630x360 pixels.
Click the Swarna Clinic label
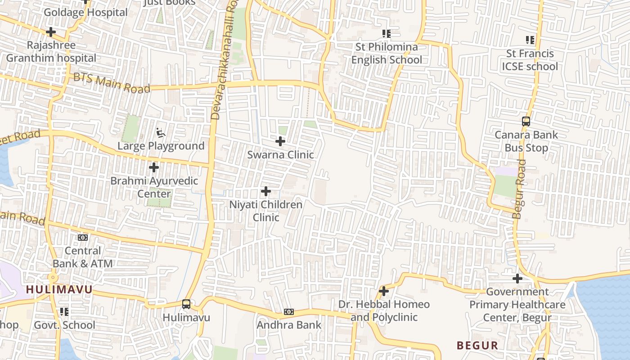click(x=280, y=155)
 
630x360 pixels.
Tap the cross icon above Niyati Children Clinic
click(x=266, y=192)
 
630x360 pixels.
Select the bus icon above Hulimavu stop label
click(x=186, y=304)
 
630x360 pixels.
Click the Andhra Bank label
click(x=289, y=325)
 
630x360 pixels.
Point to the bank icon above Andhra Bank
click(x=289, y=312)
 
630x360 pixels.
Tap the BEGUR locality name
click(x=477, y=346)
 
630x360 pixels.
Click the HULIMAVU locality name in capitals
click(x=59, y=290)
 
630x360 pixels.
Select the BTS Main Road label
click(x=112, y=83)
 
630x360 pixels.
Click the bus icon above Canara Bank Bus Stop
click(x=526, y=121)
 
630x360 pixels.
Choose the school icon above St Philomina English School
click(x=386, y=34)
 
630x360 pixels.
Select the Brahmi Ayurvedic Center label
click(x=154, y=188)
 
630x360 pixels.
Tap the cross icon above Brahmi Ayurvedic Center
click(x=154, y=168)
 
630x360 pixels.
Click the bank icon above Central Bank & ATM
click(x=83, y=237)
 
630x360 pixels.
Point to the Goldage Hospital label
click(x=85, y=13)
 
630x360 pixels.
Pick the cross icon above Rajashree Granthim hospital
click(x=51, y=32)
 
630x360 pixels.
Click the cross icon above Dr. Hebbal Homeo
click(x=384, y=292)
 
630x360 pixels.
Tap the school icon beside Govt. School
click(x=64, y=312)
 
